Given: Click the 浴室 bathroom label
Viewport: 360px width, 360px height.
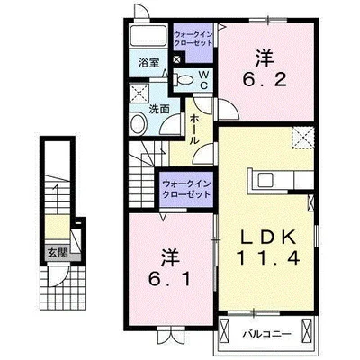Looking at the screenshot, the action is [148, 63].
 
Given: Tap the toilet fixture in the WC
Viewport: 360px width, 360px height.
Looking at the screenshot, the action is [184, 80].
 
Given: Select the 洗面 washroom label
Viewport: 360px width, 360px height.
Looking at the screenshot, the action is [159, 109].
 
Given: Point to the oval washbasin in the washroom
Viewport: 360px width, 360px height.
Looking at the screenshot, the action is [139, 125].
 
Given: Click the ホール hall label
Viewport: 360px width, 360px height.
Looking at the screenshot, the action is [194, 130].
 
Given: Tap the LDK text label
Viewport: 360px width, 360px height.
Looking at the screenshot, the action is [268, 238].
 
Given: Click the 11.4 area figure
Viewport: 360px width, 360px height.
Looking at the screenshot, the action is [268, 258].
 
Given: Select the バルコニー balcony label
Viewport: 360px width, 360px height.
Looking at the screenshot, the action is [266, 334].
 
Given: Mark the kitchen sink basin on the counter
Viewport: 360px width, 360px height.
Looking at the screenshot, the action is [265, 180].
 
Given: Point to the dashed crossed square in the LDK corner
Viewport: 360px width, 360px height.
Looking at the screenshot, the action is [303, 138].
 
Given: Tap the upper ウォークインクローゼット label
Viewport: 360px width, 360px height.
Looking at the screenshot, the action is [193, 39].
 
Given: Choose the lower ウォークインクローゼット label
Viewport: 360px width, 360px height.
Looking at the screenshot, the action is [186, 189].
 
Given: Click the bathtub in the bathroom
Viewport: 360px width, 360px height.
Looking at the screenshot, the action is [148, 35].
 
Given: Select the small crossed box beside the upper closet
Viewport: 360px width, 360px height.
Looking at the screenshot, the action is [177, 59].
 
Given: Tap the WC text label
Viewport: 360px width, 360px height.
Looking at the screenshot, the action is [203, 80].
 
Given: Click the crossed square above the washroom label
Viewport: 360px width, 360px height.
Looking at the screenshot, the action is [139, 93].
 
